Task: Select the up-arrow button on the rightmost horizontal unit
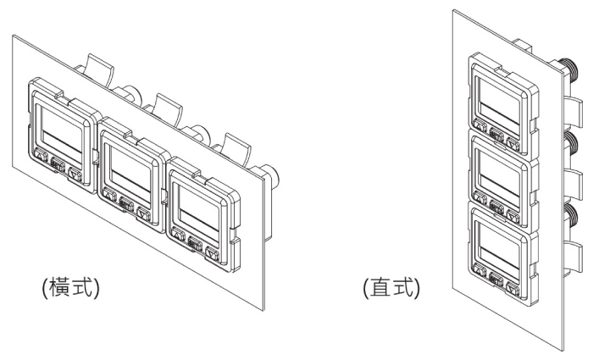pos(177,234)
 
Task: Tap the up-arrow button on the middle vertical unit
pos(480,200)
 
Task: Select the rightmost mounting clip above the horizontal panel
pos(236,144)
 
